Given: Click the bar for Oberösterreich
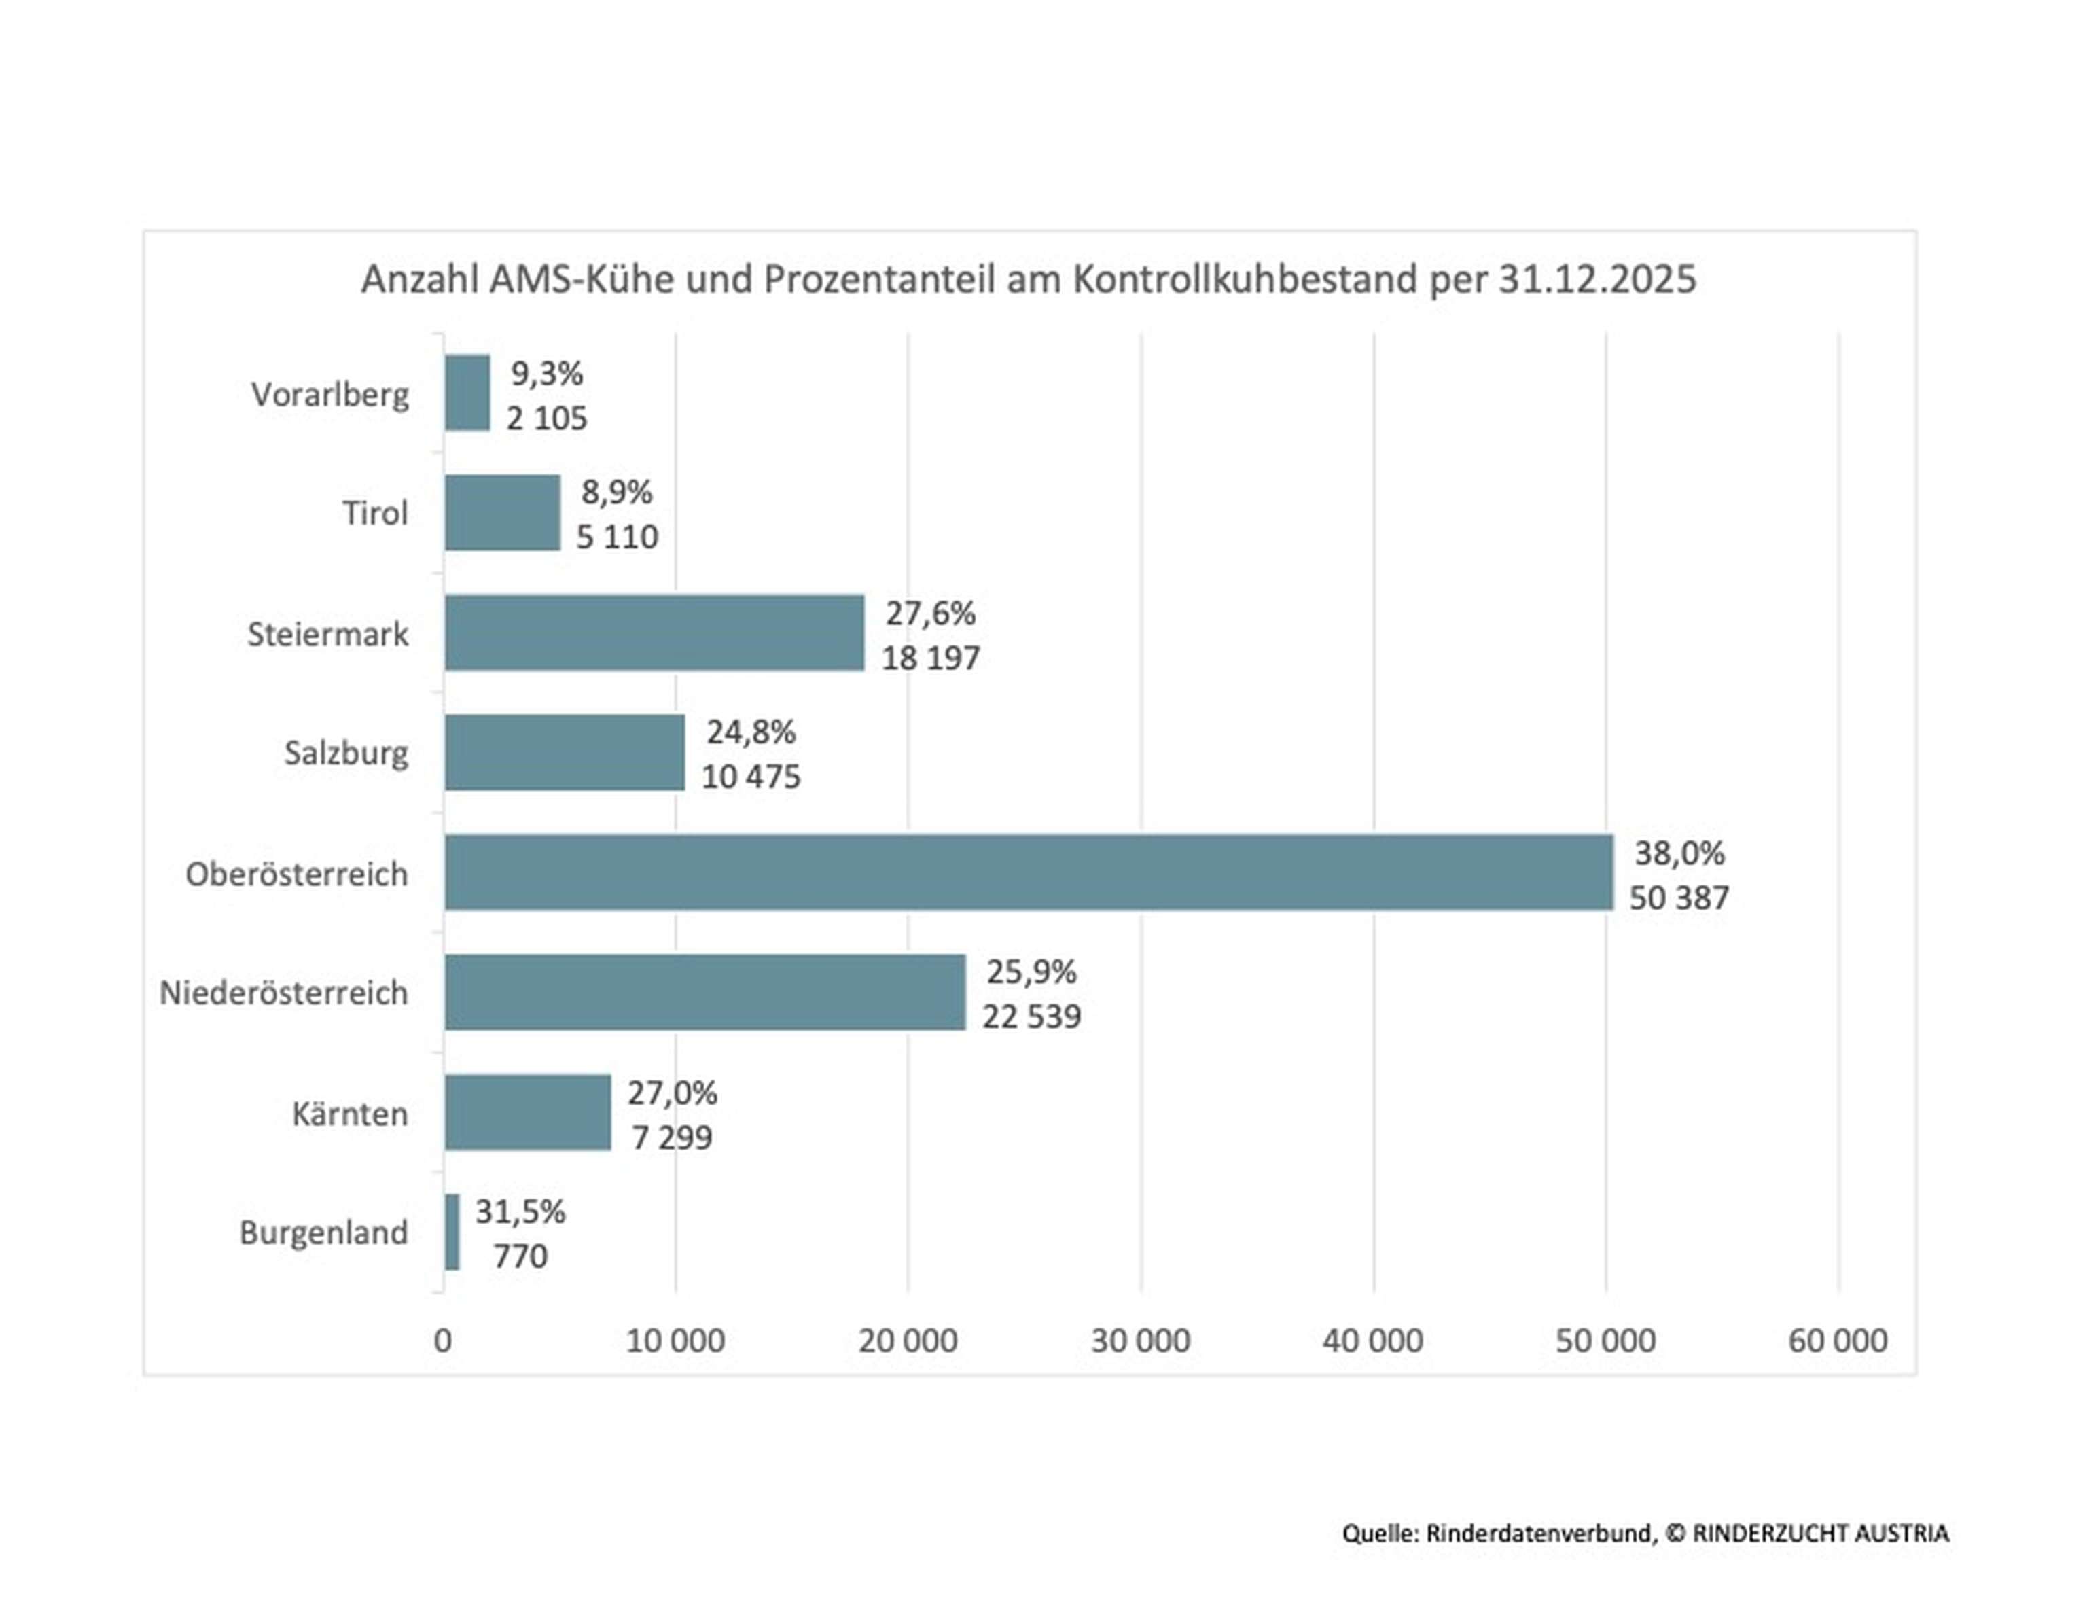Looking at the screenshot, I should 1028,872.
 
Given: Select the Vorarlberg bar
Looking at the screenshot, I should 467,393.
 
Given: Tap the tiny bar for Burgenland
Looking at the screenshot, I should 452,1232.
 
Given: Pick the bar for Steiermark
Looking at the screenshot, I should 655,633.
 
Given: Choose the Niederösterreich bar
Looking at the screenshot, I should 705,992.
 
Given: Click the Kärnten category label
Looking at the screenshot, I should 350,1113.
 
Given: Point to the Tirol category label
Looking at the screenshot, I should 376,513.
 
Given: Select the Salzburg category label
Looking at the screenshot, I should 346,753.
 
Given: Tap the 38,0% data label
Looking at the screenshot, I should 1679,853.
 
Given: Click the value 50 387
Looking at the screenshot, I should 1679,898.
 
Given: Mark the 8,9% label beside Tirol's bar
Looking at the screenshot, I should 616,492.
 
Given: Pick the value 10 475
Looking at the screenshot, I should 751,777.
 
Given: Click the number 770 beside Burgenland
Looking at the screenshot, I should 520,1256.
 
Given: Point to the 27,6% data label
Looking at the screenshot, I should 930,613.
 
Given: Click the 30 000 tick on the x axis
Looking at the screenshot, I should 1140,1341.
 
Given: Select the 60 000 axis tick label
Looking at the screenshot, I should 1836,1341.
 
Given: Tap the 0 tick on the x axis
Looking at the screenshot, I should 442,1341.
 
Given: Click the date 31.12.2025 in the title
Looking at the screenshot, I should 1597,279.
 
